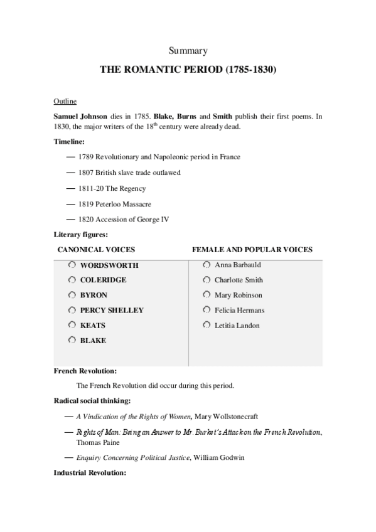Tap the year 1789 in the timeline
86,156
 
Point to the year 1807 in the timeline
86,173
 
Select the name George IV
154,220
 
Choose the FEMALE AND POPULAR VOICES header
252,250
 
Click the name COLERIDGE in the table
103,280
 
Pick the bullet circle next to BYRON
72,295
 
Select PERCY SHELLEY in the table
112,311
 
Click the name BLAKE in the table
93,341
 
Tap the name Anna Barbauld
237,265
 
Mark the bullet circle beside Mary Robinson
207,295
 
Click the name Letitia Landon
237,326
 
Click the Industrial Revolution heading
90,472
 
